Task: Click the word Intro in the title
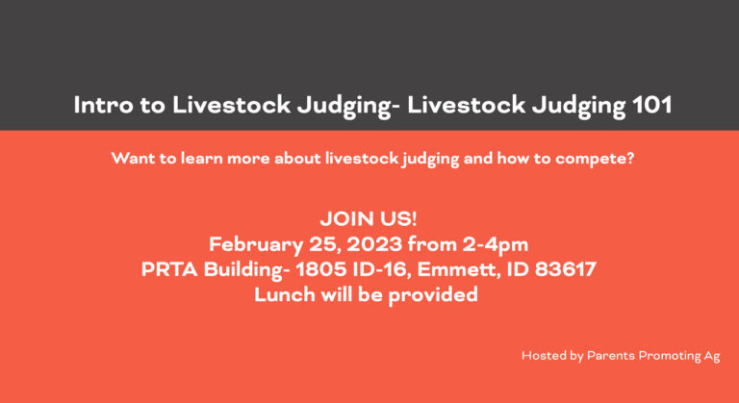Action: point(99,105)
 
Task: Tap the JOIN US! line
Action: point(369,218)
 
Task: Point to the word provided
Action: point(436,295)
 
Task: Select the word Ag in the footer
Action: point(711,356)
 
